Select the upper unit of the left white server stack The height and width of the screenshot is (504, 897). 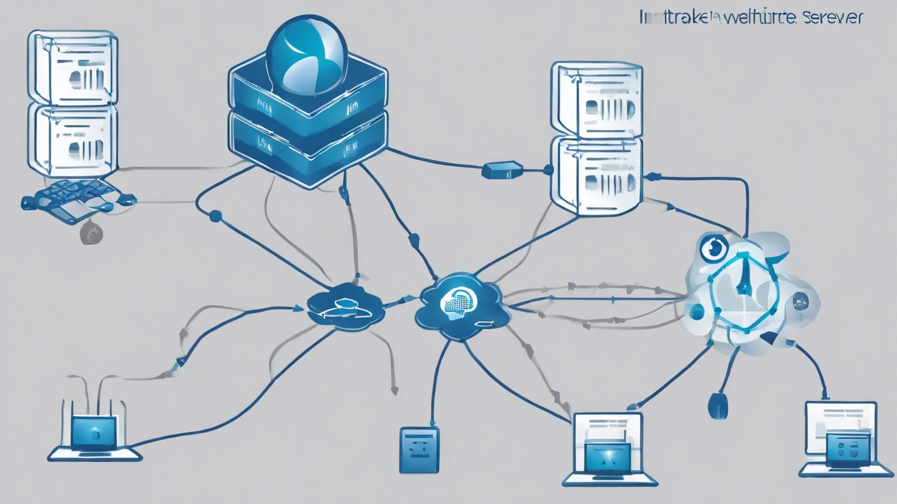73,68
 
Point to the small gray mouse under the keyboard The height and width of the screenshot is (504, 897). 91,233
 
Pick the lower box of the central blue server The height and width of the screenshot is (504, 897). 308,148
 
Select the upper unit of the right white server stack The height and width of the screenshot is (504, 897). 596,100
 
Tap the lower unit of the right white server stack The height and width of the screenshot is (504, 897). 596,175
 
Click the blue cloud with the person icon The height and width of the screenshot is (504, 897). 346,308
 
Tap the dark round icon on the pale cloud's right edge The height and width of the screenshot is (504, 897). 800,302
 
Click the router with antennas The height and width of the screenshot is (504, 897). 93,434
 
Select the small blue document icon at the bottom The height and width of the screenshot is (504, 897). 419,450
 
